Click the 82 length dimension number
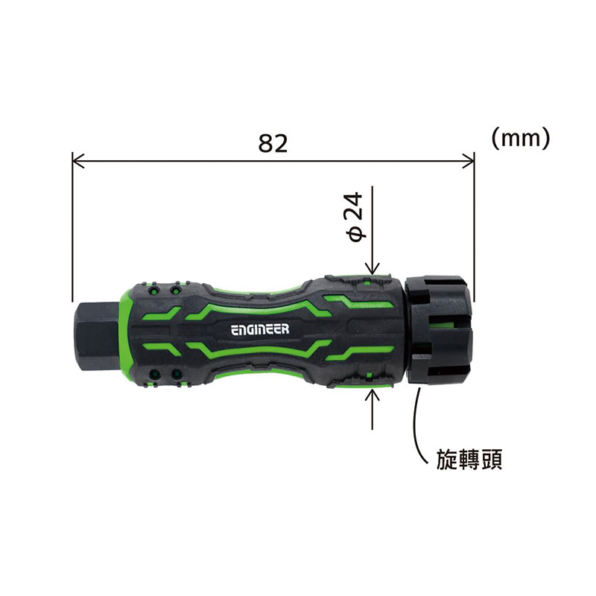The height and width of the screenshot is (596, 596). click(x=273, y=143)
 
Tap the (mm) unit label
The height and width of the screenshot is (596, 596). click(x=521, y=138)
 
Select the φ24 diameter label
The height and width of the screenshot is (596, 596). click(x=355, y=217)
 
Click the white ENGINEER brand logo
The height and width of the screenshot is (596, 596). click(x=260, y=329)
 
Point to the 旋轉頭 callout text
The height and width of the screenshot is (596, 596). click(x=469, y=459)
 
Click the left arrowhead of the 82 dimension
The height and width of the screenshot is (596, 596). click(x=78, y=161)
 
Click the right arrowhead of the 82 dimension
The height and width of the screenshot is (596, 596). click(x=469, y=161)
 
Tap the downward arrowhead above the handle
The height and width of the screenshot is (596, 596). click(x=372, y=268)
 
